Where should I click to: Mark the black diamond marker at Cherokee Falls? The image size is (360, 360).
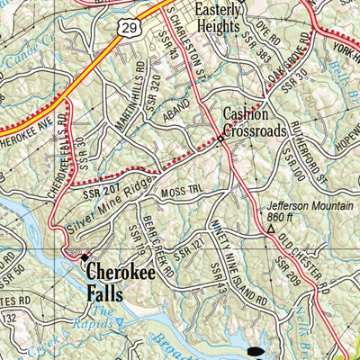85,256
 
